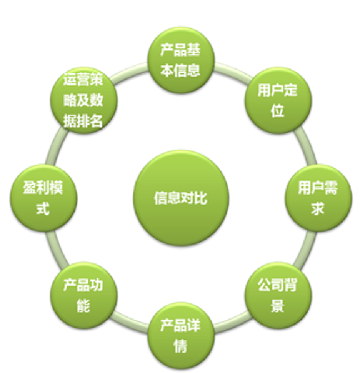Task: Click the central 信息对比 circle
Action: click(x=181, y=197)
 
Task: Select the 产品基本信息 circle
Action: click(x=181, y=59)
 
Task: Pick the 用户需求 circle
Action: click(x=317, y=197)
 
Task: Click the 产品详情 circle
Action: click(x=181, y=335)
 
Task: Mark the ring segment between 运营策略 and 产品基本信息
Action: click(x=128, y=70)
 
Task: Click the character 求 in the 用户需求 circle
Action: click(x=317, y=207)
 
